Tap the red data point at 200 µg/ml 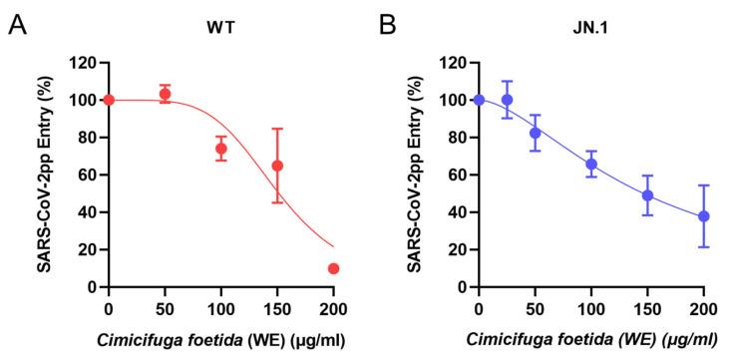[333, 268]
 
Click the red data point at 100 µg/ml [221, 149]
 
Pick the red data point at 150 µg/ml [277, 166]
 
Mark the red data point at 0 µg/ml [109, 100]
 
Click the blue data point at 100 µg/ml [591, 164]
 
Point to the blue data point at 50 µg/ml [536, 133]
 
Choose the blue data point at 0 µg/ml [480, 100]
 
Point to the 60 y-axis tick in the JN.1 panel [458, 175]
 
